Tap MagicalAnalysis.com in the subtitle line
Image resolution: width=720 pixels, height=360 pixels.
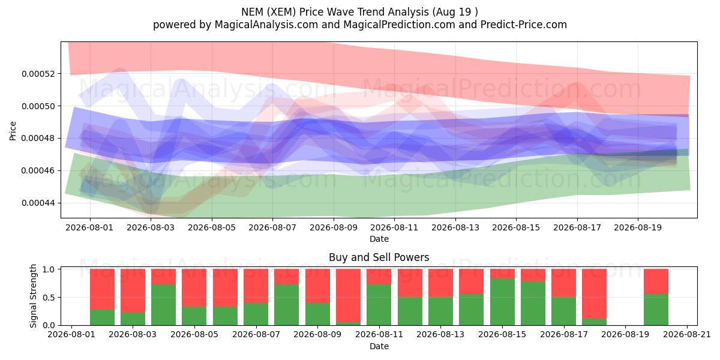[x=266, y=25]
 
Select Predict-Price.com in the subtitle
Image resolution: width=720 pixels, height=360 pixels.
[x=524, y=25]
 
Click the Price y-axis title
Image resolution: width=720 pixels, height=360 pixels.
[x=13, y=131]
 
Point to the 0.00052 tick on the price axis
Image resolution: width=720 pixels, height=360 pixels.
[x=38, y=74]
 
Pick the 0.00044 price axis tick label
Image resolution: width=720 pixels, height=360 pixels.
[x=38, y=203]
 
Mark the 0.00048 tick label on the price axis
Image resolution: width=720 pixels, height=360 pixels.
[x=38, y=139]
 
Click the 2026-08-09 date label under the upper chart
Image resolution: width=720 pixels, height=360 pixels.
[x=334, y=227]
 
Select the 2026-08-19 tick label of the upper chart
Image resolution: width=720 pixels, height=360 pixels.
[x=638, y=227]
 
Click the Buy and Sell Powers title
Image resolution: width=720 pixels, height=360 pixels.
[x=379, y=257]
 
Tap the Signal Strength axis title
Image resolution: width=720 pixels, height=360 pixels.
[x=33, y=296]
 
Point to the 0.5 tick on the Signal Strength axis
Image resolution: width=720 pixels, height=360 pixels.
[x=49, y=298]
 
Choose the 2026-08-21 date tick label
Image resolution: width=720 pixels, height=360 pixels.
[x=687, y=335]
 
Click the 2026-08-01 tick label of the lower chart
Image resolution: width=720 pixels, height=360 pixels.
[x=71, y=335]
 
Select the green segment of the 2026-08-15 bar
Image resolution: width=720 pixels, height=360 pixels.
[x=502, y=302]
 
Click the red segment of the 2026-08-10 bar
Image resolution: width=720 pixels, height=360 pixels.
[x=349, y=296]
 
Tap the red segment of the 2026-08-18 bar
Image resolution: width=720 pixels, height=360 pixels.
[x=595, y=294]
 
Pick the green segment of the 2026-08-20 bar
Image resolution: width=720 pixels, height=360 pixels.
[x=656, y=310]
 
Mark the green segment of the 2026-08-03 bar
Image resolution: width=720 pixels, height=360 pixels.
[x=133, y=319]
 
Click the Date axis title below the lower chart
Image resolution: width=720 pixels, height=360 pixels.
[x=379, y=347]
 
